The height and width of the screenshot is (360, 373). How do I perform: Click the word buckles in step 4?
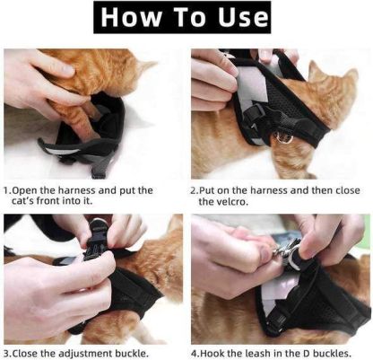tap(342, 353)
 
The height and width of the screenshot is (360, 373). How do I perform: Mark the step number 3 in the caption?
tap(8, 353)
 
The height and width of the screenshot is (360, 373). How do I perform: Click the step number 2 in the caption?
tap(194, 190)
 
